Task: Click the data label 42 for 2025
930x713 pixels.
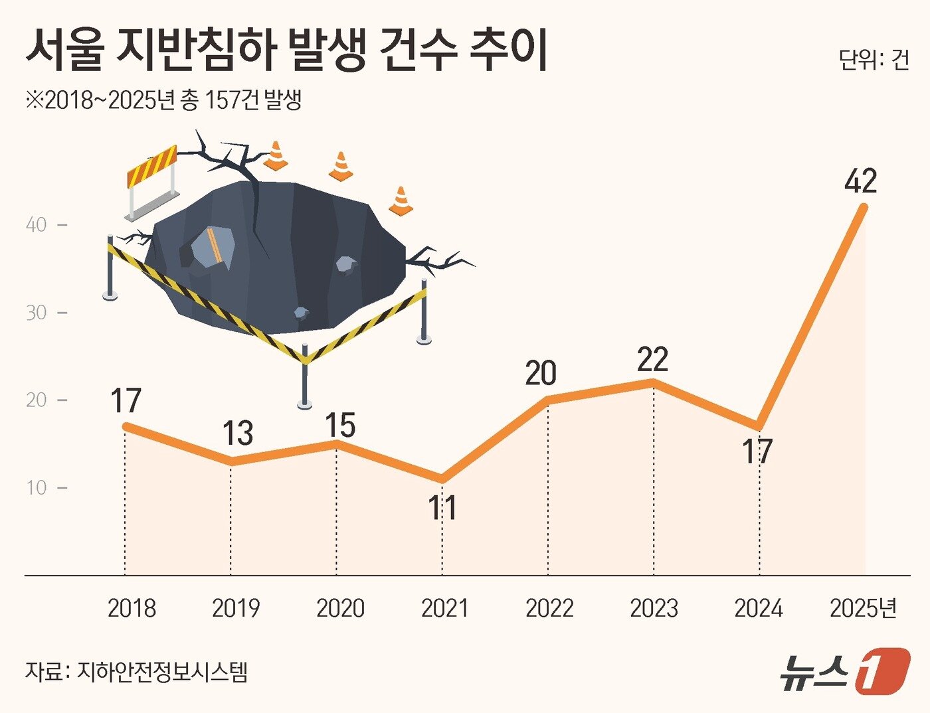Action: pos(860,181)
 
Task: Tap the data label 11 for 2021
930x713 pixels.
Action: pos(442,508)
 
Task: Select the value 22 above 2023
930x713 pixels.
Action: pos(652,359)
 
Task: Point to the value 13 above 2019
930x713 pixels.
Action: pos(237,434)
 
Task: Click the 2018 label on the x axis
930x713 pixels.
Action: pos(132,608)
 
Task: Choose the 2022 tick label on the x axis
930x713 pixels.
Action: pos(549,608)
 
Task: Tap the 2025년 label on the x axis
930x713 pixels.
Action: pos(863,608)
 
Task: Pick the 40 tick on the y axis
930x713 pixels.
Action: pos(37,225)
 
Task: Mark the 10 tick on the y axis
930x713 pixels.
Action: pos(37,488)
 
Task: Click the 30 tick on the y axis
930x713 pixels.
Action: pos(37,313)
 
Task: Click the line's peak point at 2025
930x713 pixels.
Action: pos(864,206)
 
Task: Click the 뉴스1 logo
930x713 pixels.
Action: pos(844,671)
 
